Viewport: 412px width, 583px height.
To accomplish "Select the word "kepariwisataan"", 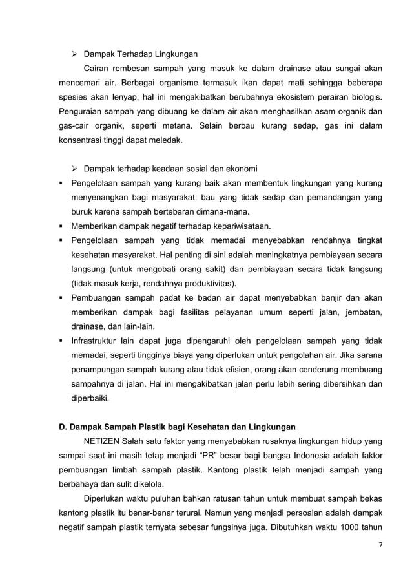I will [240, 226].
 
